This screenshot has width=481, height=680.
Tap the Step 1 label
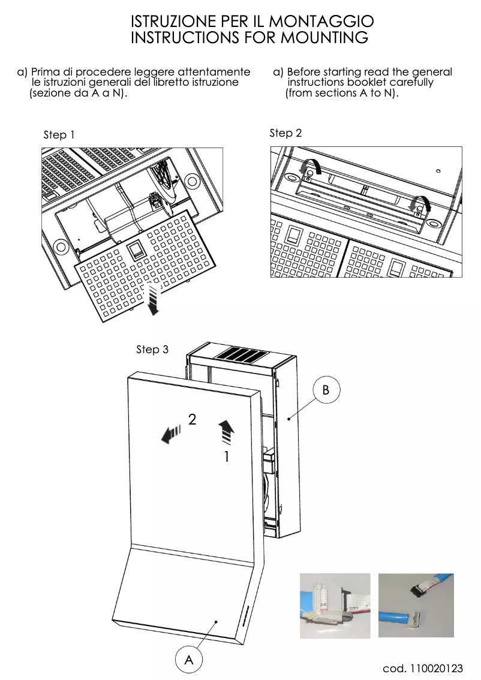[x=59, y=135]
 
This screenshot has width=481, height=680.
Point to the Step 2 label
[x=285, y=133]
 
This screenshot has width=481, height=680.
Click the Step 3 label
[x=152, y=349]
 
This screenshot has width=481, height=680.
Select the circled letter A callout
[x=189, y=660]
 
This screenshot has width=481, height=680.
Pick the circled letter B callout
[x=326, y=390]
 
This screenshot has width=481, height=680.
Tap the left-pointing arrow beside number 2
[x=171, y=432]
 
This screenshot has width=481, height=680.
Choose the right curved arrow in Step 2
[x=418, y=204]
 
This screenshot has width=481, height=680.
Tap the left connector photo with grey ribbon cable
[x=335, y=606]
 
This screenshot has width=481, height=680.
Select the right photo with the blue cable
[x=416, y=606]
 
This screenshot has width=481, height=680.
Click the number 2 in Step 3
[x=192, y=420]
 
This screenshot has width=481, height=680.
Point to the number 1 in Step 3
[x=226, y=457]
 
